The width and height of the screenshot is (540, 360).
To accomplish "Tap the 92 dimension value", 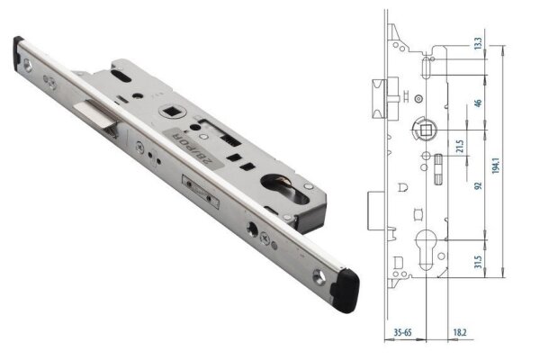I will coord(478,186).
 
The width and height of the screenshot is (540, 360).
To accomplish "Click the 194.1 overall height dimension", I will coord(509,166).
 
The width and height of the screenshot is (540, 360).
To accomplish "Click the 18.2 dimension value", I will coord(458,333).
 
